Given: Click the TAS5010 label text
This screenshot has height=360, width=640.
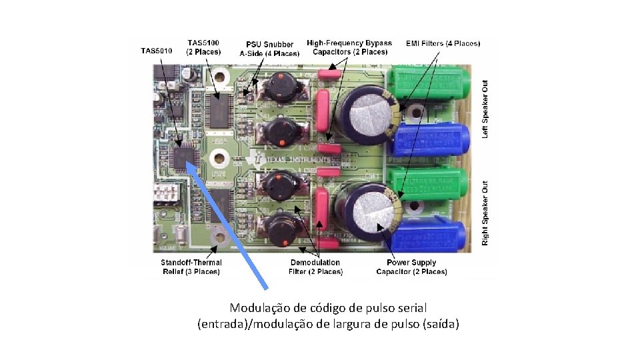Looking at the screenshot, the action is [x=157, y=51].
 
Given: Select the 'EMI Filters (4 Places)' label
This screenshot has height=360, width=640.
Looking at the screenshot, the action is [x=443, y=43].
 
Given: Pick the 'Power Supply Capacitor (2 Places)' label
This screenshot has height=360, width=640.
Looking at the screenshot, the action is [x=411, y=267].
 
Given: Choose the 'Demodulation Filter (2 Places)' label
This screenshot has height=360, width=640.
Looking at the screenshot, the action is [x=315, y=267].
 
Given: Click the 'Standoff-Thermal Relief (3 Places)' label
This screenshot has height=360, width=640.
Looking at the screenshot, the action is [x=191, y=267].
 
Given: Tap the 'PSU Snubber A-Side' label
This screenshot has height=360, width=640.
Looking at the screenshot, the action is [x=269, y=49].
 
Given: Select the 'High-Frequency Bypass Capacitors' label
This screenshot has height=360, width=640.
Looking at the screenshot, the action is [x=349, y=47].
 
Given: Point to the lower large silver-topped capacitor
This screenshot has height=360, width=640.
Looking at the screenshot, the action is [x=371, y=209].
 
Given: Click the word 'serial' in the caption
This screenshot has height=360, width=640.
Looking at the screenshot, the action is [x=410, y=308].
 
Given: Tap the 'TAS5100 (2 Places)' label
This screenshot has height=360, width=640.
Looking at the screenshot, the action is [x=204, y=46].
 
